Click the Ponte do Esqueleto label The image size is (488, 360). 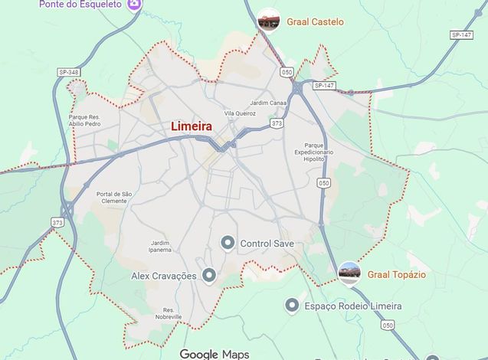[x=80, y=4]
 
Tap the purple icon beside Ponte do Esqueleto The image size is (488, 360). [x=134, y=5]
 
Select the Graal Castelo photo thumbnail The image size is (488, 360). [x=268, y=21]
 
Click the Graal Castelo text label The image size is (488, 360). [x=315, y=22]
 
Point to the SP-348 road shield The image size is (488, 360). [x=68, y=72]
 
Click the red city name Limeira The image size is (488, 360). [x=192, y=126]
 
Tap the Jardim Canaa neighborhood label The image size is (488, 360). [x=268, y=103]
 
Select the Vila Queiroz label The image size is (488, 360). [x=240, y=113]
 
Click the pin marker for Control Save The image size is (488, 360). [x=228, y=244]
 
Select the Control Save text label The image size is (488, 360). [x=267, y=244]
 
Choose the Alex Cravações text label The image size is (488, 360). [x=164, y=276]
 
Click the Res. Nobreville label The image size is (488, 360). [x=168, y=313]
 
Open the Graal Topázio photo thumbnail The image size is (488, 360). [x=349, y=273]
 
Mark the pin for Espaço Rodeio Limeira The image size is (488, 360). [x=292, y=306]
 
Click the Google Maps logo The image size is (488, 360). [x=215, y=354]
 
